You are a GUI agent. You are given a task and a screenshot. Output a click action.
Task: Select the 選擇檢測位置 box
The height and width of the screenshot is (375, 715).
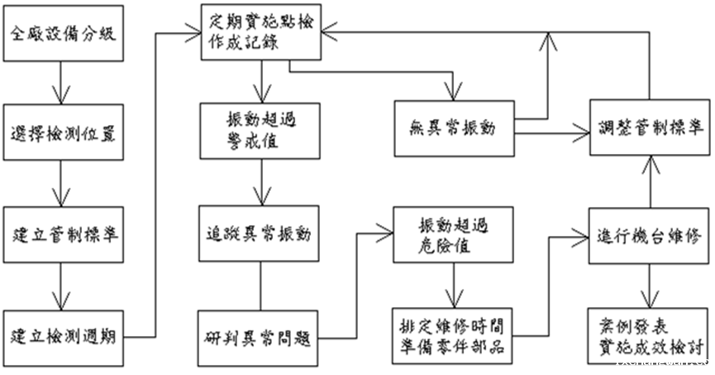(x=63, y=132)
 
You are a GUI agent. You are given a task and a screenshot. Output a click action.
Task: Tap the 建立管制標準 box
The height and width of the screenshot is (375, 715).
(x=63, y=233)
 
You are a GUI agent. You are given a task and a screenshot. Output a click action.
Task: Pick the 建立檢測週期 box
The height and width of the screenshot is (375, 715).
(x=63, y=336)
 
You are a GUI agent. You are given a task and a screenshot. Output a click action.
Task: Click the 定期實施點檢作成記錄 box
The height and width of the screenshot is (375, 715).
(x=262, y=31)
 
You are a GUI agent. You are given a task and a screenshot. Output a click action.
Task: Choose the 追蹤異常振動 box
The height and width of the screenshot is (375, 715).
(x=262, y=234)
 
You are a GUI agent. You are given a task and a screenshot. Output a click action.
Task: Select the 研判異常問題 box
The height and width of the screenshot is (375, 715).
(x=262, y=336)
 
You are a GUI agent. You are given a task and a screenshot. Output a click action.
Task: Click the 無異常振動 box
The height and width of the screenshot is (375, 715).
(x=453, y=128)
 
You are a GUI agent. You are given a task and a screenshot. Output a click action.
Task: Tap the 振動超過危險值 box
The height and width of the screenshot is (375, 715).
(x=454, y=234)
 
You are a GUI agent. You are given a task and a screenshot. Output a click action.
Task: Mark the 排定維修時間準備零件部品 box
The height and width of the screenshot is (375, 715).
(x=454, y=336)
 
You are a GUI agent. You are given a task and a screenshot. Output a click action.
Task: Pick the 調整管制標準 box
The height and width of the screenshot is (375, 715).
(x=648, y=128)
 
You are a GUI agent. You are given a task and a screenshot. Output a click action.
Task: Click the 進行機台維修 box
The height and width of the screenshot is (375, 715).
(x=648, y=234)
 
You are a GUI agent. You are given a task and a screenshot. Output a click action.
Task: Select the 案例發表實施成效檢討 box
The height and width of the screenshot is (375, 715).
(x=648, y=336)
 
